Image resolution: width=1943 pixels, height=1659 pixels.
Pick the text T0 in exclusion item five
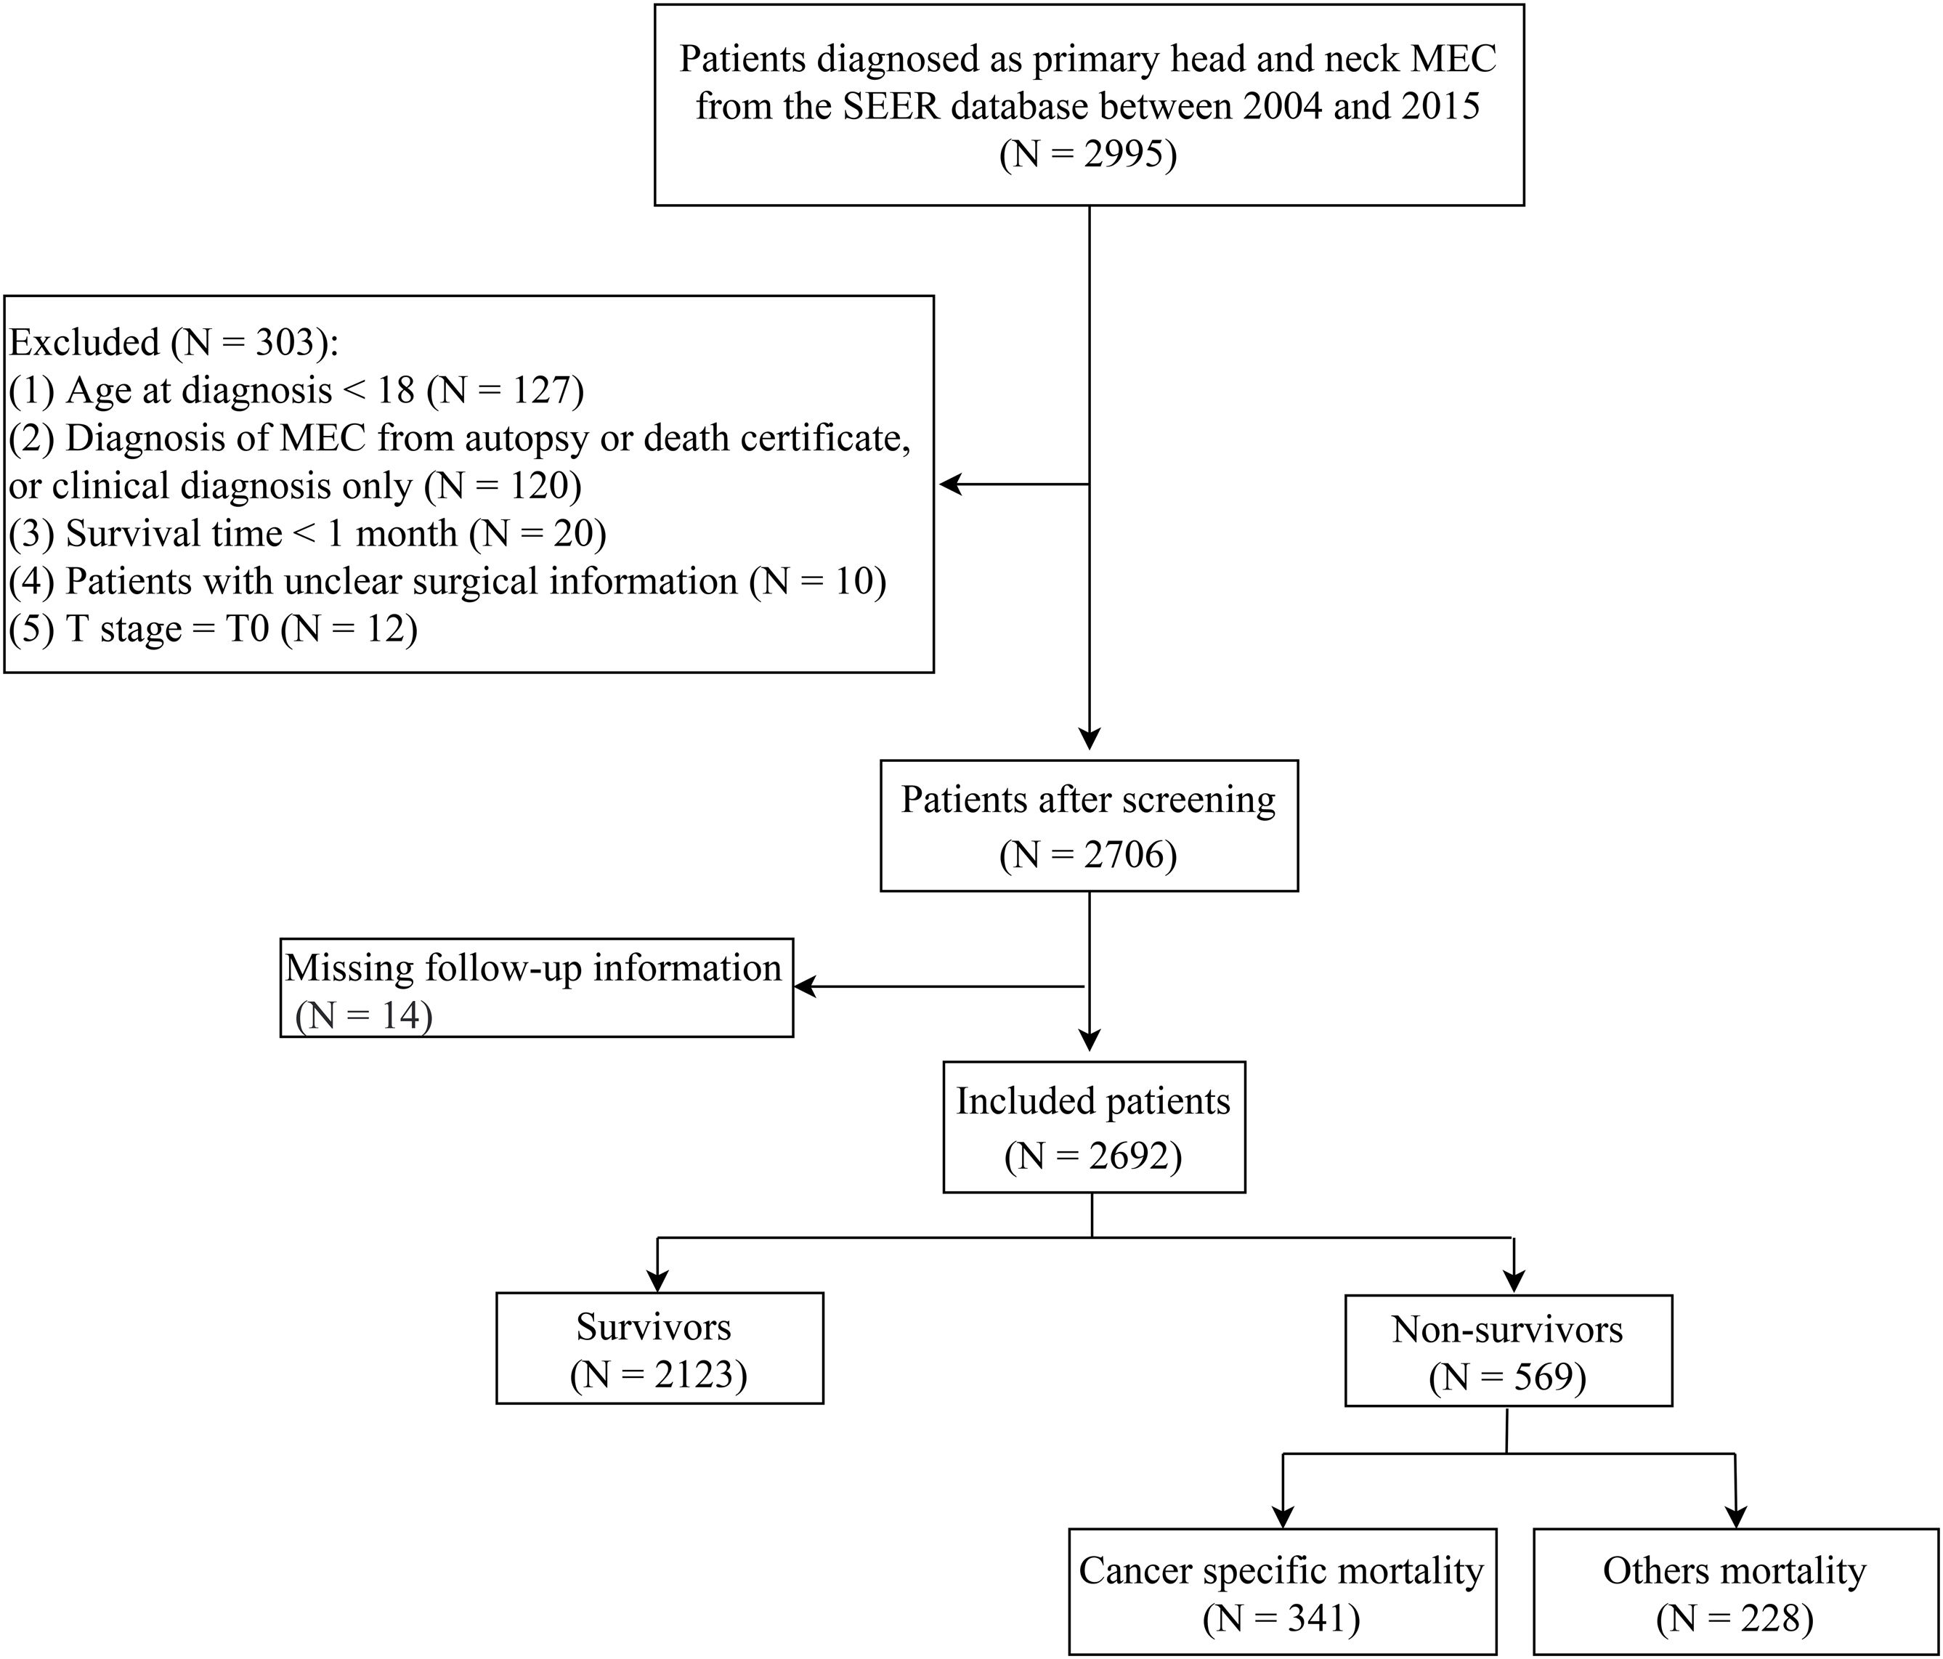(248, 628)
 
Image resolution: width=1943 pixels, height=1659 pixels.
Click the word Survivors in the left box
(654, 1327)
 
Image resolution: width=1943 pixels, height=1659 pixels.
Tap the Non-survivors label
(1508, 1330)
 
